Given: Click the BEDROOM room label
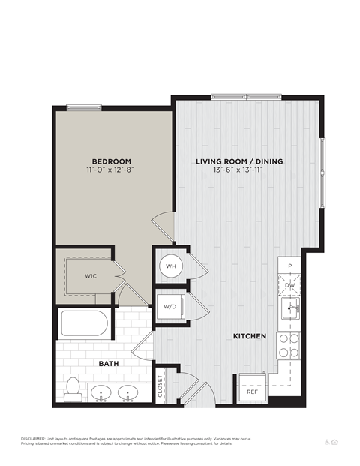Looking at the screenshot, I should point(112,161).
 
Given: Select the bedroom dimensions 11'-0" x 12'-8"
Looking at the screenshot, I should point(112,170).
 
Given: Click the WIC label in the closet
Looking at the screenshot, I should point(90,275).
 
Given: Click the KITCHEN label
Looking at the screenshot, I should point(249,337).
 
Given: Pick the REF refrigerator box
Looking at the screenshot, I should point(252,391).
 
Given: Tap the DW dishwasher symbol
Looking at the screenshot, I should point(289,285).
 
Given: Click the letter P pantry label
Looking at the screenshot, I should point(289,267).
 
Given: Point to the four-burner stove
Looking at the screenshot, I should point(289,345).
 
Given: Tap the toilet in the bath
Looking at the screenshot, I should point(73,388).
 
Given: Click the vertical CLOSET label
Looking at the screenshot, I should point(160,386).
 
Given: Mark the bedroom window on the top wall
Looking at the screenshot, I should point(84,107).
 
